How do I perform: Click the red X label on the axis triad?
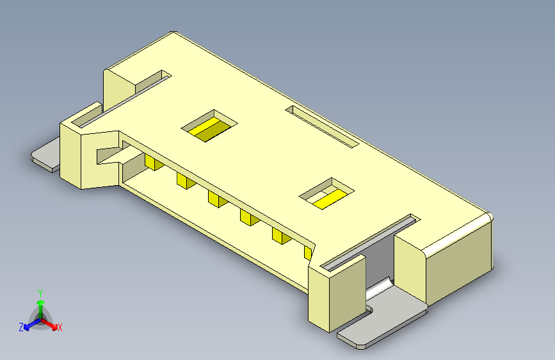tap(60, 327)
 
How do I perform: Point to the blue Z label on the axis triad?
tap(21, 327)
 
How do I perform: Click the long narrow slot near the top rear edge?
tap(322, 126)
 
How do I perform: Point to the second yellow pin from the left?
tap(184, 181)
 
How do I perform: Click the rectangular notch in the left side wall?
tap(108, 154)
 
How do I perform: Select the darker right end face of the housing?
tap(460, 266)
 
